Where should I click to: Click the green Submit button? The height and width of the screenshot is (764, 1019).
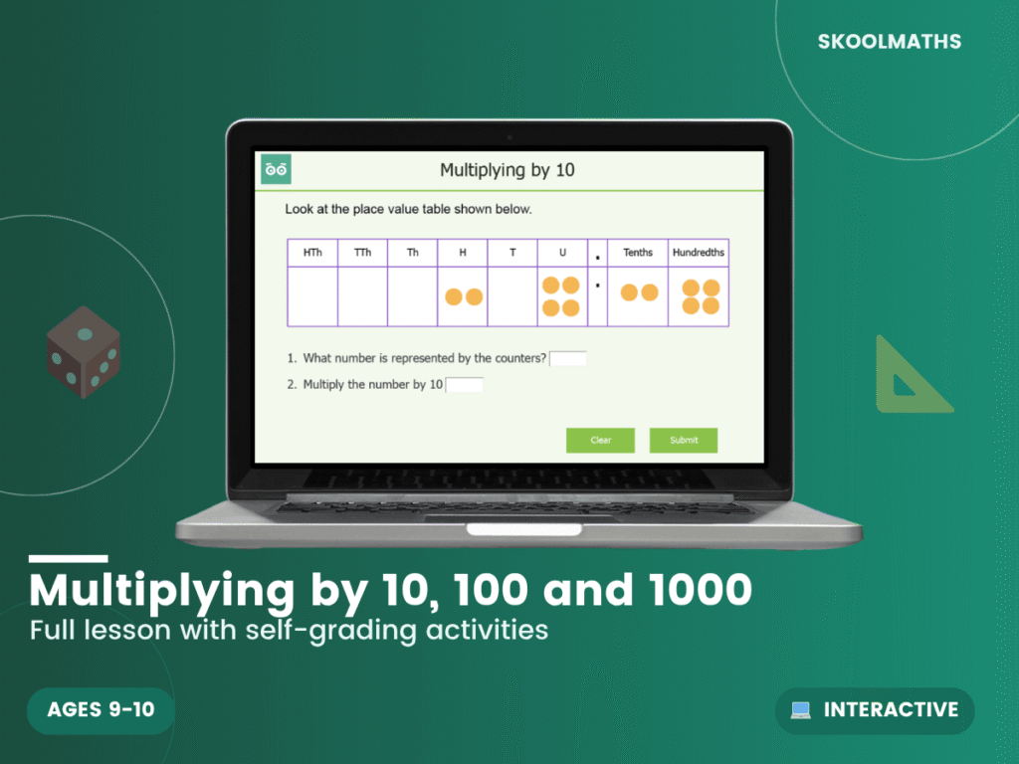[684, 440]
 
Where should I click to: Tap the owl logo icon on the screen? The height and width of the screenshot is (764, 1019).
[276, 169]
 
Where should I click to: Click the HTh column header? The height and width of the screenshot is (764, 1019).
[312, 253]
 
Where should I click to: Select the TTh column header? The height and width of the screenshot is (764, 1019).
[362, 253]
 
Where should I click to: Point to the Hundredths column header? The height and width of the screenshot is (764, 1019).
[699, 253]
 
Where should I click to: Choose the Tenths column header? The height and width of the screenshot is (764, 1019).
[638, 253]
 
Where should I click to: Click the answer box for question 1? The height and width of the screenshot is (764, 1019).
[568, 359]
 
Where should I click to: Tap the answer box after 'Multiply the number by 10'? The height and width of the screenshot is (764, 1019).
[465, 385]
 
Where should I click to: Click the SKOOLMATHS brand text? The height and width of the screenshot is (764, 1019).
[890, 42]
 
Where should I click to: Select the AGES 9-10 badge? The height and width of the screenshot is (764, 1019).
[102, 710]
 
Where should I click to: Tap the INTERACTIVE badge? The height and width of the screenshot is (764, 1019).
[875, 710]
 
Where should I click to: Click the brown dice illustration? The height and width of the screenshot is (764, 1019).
[84, 352]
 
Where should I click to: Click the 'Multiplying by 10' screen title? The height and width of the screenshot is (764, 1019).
[508, 170]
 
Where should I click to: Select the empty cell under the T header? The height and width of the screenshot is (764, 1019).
[512, 296]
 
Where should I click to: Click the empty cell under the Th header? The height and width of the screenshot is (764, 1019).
[412, 296]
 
